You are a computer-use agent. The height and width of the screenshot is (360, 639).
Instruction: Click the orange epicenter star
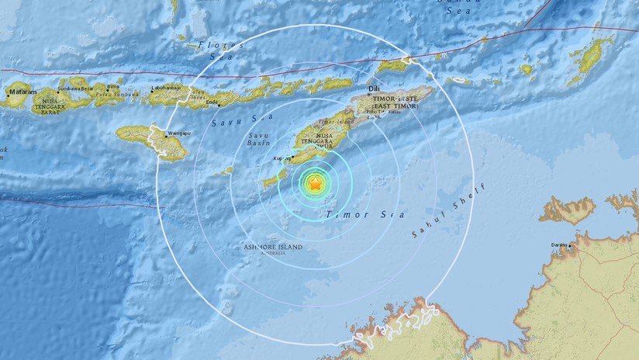point(315,185)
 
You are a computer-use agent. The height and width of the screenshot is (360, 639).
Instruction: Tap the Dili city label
point(374,90)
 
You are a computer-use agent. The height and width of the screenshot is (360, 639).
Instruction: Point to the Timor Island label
point(337,122)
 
